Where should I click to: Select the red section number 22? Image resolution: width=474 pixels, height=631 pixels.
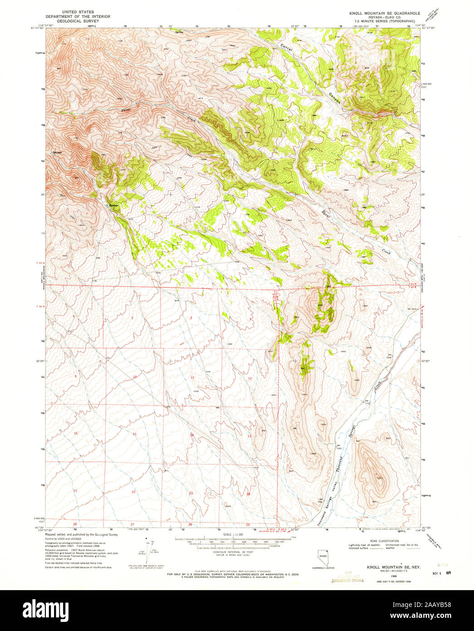(133, 492)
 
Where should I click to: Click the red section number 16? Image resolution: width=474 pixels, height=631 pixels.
(76, 434)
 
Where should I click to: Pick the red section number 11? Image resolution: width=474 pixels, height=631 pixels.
(192, 378)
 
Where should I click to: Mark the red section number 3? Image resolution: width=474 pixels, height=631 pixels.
(132, 318)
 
